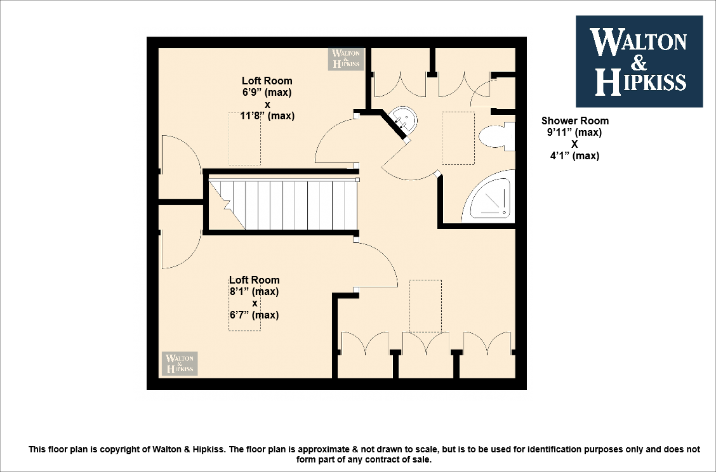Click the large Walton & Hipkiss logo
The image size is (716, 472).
point(639,61)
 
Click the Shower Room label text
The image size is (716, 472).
point(574,121)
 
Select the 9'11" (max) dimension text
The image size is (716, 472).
point(574,133)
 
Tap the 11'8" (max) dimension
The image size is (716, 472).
point(267,116)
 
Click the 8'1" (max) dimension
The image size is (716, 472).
point(254,292)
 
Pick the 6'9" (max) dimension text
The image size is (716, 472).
point(267,93)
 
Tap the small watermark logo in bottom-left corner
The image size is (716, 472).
point(180,364)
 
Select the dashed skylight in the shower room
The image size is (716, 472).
point(458,138)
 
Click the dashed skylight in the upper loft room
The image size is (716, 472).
point(244,138)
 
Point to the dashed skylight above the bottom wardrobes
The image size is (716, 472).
point(425,305)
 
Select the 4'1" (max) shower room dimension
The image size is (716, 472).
point(574,156)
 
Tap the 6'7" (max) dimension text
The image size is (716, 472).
point(254,315)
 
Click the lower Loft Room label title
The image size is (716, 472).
point(254,280)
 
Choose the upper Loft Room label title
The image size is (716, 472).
point(267,81)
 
